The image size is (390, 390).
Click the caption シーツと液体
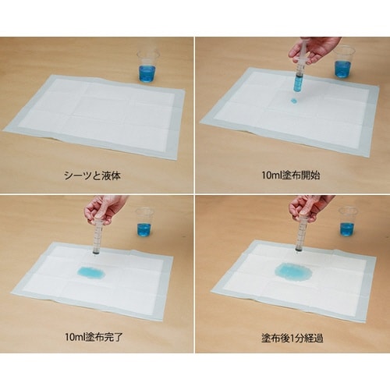tap(96, 175)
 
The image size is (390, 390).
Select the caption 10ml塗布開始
tap(295, 175)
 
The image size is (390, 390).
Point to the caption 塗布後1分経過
tap(295, 336)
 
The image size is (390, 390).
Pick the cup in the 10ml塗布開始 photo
tap(342, 62)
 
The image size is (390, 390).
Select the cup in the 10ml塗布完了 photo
tap(144, 222)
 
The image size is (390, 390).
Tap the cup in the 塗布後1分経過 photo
tap(346, 222)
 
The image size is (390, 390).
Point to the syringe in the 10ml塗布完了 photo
tap(97, 234)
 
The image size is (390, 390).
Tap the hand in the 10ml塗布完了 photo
tap(105, 207)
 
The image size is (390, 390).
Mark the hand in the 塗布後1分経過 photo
tap(310, 206)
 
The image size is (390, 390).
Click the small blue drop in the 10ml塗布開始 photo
tap(294, 101)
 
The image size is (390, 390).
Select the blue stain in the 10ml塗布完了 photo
tap(91, 271)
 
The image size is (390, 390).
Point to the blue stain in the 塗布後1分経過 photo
tap(293, 273)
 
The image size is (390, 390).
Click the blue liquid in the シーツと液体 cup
tap(147, 73)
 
